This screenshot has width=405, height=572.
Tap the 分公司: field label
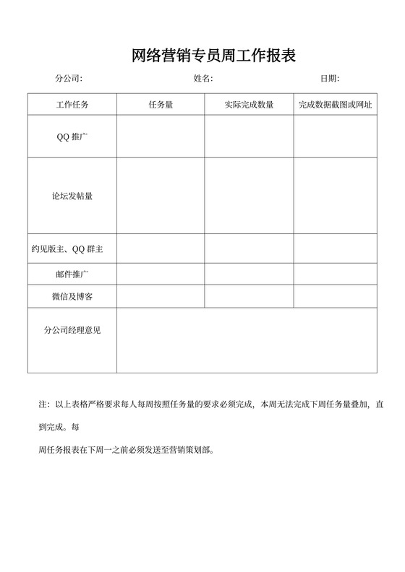[69, 79]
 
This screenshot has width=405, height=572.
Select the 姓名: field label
[202, 79]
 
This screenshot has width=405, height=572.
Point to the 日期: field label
[330, 79]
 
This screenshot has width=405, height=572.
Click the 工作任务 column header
[72, 105]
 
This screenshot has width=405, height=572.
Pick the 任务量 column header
[160, 105]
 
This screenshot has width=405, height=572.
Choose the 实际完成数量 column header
[249, 105]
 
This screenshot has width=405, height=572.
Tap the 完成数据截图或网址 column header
[335, 105]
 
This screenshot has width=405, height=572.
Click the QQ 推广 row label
[72, 136]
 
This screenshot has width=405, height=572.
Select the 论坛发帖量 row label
[72, 196]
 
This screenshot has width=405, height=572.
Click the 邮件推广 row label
[72, 274]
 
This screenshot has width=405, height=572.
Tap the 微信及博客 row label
[72, 297]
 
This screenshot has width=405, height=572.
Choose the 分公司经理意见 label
[72, 330]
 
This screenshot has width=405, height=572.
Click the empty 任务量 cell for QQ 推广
[160, 136]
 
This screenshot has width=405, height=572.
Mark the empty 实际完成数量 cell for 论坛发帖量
[249, 196]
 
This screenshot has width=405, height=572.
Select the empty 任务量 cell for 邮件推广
[160, 274]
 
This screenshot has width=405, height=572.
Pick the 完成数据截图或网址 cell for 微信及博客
[335, 297]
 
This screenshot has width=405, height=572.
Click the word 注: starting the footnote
[43, 404]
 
